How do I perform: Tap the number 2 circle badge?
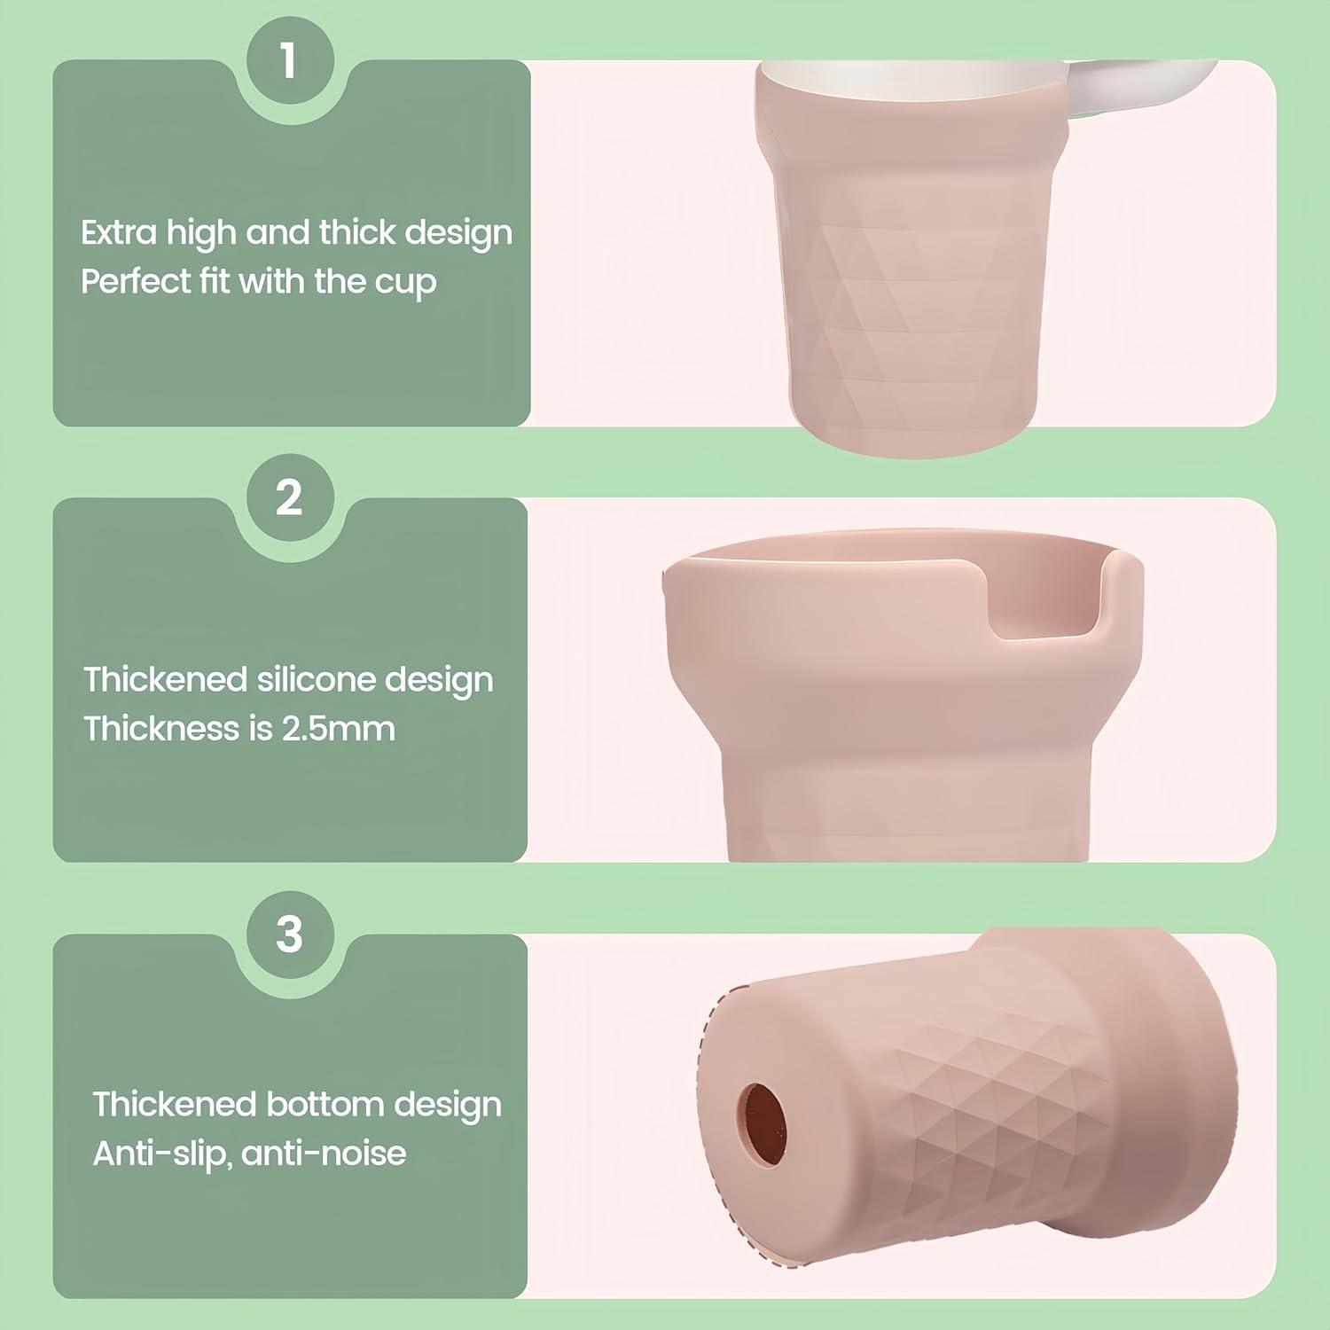coord(289,497)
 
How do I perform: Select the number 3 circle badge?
coord(289,934)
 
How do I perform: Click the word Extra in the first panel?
coord(119,232)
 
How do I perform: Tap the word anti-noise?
coord(324,1154)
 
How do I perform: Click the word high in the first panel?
coord(201,232)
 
